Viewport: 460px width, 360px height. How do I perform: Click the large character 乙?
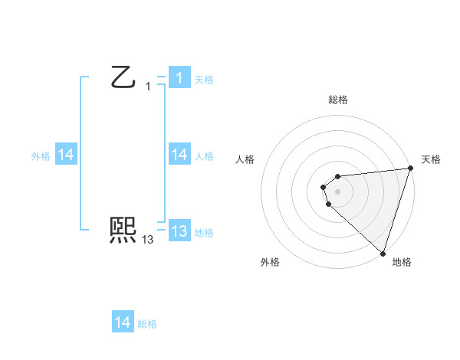pos(123,77)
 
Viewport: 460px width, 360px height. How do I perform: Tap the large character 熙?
pos(123,230)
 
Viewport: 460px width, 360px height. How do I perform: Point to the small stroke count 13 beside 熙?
pos(148,240)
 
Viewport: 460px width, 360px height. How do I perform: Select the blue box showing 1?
pos(179,78)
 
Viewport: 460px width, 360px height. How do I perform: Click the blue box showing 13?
pos(179,231)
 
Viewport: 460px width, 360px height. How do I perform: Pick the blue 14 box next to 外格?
pos(66,155)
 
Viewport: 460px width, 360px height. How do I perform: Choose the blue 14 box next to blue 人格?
pos(179,155)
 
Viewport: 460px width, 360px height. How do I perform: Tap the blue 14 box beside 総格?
pos(122,322)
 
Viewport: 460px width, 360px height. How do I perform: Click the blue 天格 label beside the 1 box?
pos(203,79)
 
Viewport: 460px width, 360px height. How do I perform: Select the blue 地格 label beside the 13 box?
pos(203,232)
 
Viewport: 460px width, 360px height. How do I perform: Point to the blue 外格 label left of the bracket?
pos(41,155)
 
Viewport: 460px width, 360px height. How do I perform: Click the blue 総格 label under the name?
pos(147,323)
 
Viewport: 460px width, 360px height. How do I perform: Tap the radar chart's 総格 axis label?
pos(337,100)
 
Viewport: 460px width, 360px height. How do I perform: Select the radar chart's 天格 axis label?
pos(431,159)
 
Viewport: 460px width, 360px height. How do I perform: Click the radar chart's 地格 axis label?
pos(402,263)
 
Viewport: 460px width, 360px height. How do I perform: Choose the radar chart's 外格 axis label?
pos(270,263)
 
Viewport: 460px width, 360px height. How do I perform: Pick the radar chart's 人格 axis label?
pos(245,159)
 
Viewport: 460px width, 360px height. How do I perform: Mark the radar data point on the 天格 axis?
pos(410,169)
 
